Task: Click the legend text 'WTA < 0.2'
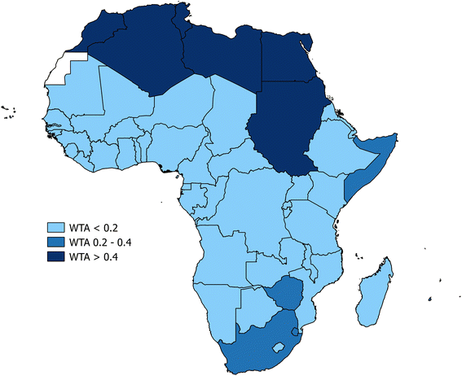click(97, 227)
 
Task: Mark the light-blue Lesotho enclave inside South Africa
click(279, 347)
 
